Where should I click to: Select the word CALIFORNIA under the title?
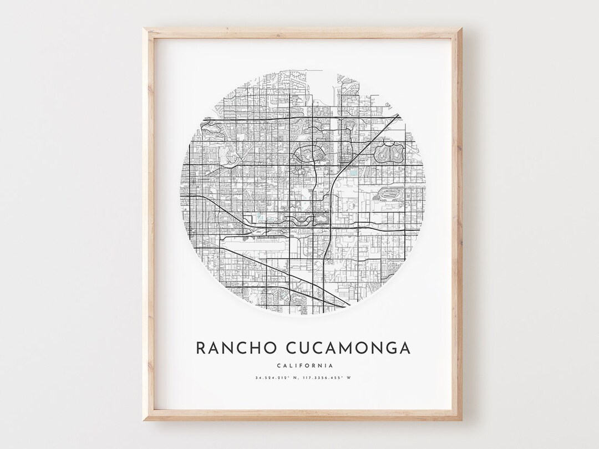pyautogui.click(x=303, y=365)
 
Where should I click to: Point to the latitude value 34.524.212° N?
pyautogui.click(x=275, y=378)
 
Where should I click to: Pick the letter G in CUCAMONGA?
pyautogui.click(x=390, y=348)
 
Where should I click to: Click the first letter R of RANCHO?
pyautogui.click(x=200, y=348)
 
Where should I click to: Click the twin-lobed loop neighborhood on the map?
pyautogui.click(x=390, y=150)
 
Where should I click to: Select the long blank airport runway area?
pyautogui.click(x=255, y=243)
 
